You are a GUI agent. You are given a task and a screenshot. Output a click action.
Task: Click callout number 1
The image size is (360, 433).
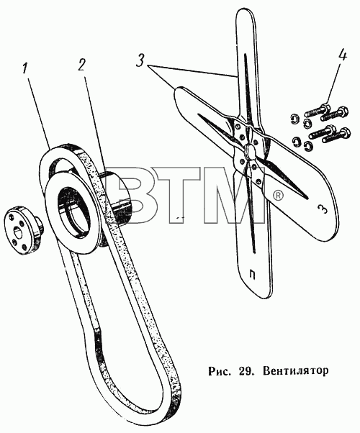pyautogui.click(x=25, y=68)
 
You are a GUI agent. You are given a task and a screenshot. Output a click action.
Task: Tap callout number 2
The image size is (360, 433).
pyautogui.click(x=81, y=65)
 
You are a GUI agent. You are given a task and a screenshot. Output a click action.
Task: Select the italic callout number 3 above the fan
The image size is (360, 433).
pyautogui.click(x=140, y=60)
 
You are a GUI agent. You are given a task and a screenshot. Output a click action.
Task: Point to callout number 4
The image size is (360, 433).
pyautogui.click(x=341, y=56)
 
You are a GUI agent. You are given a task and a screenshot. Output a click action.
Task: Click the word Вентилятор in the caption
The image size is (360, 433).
pyautogui.click(x=296, y=370)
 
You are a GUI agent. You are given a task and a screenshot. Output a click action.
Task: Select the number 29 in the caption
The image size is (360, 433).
pyautogui.click(x=244, y=370)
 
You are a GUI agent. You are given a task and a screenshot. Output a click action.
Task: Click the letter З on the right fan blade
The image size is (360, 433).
pyautogui.click(x=323, y=209)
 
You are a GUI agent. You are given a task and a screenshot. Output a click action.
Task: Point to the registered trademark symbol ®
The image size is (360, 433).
pyautogui.click(x=278, y=196)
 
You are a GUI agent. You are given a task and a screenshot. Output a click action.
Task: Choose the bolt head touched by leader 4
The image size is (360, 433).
pyautogui.click(x=325, y=108)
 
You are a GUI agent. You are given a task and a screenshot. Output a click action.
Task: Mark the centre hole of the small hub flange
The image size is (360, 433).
pyautogui.click(x=19, y=231)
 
